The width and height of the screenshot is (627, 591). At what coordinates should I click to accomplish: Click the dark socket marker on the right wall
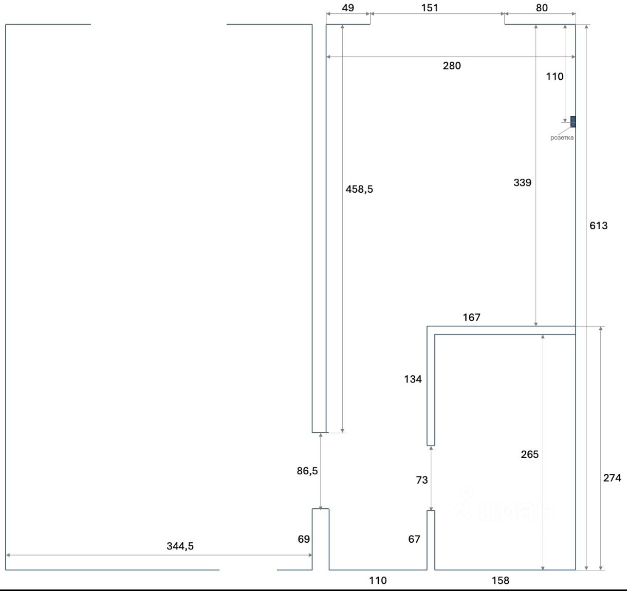coord(573,122)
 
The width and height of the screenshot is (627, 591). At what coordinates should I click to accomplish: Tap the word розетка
coord(562,138)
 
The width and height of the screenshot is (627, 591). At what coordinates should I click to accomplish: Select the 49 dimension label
coord(348,8)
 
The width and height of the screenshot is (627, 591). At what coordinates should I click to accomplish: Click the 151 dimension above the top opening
coord(430,8)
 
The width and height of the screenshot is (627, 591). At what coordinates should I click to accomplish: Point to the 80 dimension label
coord(542,8)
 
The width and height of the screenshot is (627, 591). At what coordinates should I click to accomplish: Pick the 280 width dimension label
coord(452,66)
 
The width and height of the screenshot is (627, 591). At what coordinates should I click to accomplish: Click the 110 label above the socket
coord(555,77)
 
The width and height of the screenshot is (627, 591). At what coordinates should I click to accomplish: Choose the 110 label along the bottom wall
coord(378,580)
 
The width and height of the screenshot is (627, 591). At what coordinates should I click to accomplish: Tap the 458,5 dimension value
coord(359,189)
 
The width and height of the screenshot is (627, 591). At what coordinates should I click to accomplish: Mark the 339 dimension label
coord(523,182)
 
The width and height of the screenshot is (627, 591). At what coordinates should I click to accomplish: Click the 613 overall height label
coord(599,226)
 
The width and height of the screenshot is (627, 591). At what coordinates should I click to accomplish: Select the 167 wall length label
coord(472,317)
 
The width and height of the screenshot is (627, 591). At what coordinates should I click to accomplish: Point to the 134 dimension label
coord(413,379)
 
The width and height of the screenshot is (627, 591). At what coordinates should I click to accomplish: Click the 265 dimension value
coord(530,454)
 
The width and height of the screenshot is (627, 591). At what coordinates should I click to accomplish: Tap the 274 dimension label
coord(612,478)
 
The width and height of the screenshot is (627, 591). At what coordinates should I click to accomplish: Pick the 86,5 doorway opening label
coord(307,471)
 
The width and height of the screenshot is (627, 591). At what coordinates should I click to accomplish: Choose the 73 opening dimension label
coord(422,480)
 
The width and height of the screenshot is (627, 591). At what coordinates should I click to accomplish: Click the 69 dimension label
coord(304,539)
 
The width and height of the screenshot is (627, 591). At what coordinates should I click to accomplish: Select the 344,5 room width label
coord(180,546)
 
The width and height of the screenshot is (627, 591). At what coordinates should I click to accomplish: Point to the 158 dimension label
coord(501,580)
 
